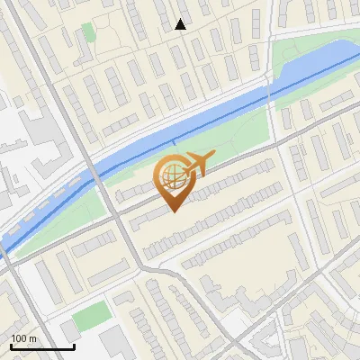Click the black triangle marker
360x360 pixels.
[x=181, y=25]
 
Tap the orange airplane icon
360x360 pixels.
[x=196, y=164]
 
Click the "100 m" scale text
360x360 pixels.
[x=23, y=338]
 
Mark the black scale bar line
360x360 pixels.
[x=42, y=346]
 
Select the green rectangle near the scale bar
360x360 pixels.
[x=89, y=316]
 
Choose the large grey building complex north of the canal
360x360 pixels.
[x=36, y=135]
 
